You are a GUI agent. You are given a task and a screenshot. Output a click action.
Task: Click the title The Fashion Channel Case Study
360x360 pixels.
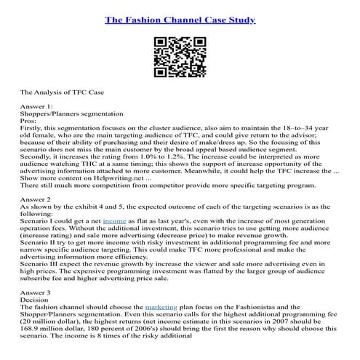tap(180, 20)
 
